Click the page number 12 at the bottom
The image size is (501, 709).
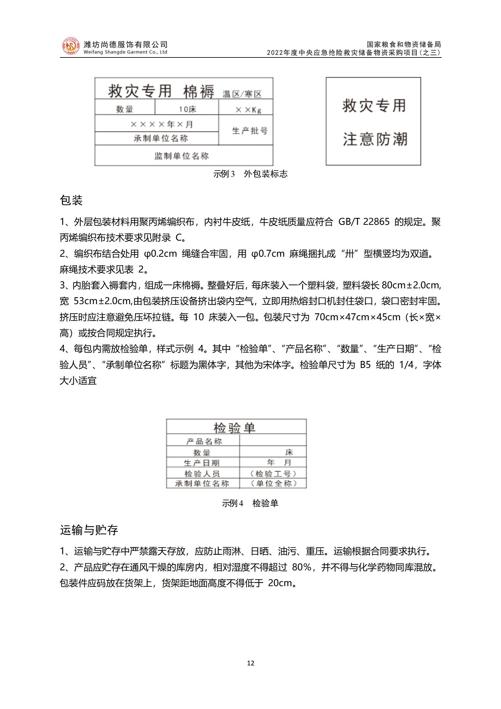pyautogui.click(x=250, y=663)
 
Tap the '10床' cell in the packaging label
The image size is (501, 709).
pyautogui.click(x=187, y=109)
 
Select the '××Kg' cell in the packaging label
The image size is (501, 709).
pyautogui.click(x=248, y=110)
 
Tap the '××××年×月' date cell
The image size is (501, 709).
pyautogui.click(x=161, y=124)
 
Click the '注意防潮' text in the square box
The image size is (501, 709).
pyautogui.click(x=375, y=139)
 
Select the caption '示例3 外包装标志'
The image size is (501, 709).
pyautogui.click(x=250, y=174)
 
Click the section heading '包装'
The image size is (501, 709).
pyautogui.click(x=71, y=200)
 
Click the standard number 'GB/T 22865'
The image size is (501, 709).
pyautogui.click(x=364, y=222)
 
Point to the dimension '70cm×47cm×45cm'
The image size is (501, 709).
pyautogui.click(x=357, y=317)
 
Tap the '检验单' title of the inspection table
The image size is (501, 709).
pyautogui.click(x=234, y=428)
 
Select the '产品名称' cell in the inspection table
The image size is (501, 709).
pyautogui.click(x=204, y=441)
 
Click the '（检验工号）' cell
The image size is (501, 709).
pyautogui.click(x=273, y=473)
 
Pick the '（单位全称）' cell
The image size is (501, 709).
pyautogui.click(x=273, y=483)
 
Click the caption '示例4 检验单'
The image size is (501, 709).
pyautogui.click(x=250, y=503)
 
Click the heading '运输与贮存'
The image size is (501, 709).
pyautogui.click(x=89, y=530)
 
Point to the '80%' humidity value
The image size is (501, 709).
pyautogui.click(x=302, y=567)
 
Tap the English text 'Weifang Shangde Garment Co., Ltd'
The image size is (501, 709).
pyautogui.click(x=125, y=52)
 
